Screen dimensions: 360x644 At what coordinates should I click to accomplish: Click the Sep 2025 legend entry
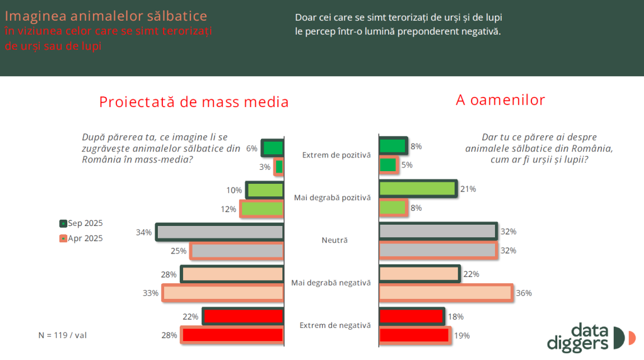[x=81, y=223]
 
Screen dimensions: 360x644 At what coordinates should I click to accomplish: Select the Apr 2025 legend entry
[x=81, y=239]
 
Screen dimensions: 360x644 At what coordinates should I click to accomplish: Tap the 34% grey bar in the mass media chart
[x=219, y=232]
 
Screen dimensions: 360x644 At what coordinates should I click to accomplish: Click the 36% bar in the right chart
[x=446, y=293]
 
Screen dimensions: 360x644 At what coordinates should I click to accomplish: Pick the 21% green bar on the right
[x=418, y=189]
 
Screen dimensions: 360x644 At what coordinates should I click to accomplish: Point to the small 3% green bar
[x=279, y=167]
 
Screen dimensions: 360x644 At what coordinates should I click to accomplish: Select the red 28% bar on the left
[x=232, y=335]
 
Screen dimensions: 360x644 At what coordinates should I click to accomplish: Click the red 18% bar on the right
[x=411, y=316]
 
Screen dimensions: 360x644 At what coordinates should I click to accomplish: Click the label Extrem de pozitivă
[x=336, y=155]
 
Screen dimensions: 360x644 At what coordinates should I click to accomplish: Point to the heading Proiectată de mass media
[x=194, y=102]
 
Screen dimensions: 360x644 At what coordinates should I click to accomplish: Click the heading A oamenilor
[x=501, y=99]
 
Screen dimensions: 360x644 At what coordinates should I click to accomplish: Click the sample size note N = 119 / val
[x=63, y=335]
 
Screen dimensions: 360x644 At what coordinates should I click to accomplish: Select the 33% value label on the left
[x=150, y=293]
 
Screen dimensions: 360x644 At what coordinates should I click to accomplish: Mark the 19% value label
[x=462, y=335]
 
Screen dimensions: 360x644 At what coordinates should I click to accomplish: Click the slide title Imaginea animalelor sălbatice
[x=106, y=15]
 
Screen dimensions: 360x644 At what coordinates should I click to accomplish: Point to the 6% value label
[x=252, y=149]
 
